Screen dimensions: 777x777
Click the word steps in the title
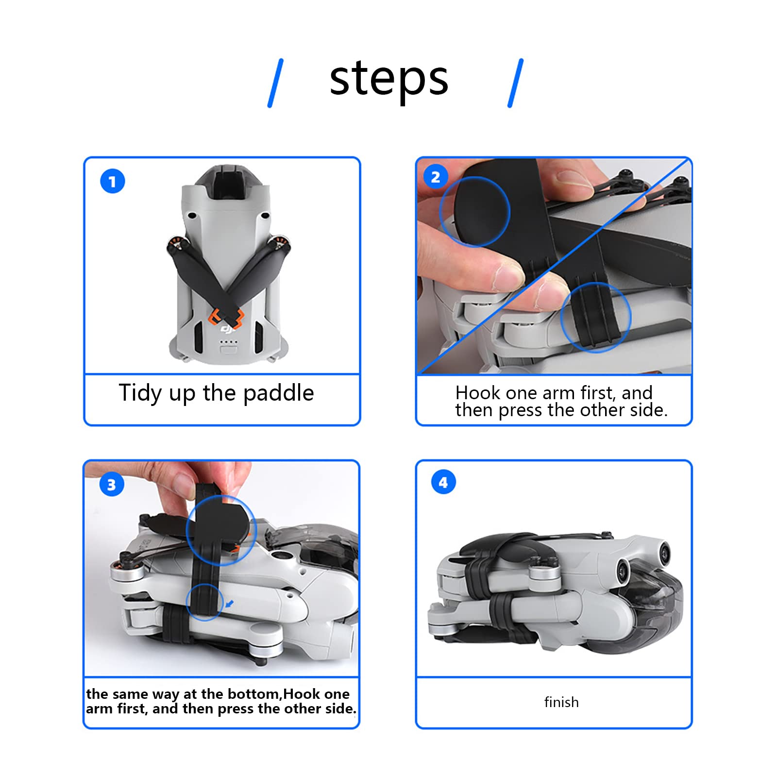pos(388,79)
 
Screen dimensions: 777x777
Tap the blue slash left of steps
pos(275,83)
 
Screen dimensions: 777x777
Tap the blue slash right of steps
pos(515,83)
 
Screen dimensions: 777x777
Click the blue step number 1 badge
pos(112,182)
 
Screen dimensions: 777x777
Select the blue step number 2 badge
pos(436,177)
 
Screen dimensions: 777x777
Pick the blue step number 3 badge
pos(111,484)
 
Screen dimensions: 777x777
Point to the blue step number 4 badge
pos(443,482)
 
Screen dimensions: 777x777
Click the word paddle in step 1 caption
pos(278,393)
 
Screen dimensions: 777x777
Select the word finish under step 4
pos(561,702)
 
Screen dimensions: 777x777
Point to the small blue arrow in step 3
pos(230,604)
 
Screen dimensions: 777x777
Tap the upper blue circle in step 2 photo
pos(474,212)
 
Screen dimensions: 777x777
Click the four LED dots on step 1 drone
pos(229,341)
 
